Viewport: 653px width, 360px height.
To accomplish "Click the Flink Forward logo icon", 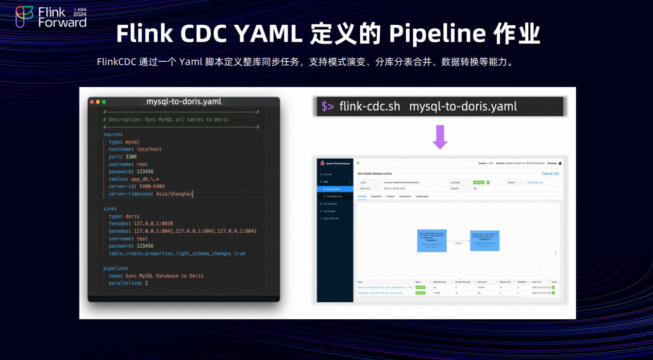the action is click(x=24, y=16).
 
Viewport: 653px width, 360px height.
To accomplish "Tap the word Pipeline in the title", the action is click(x=438, y=34).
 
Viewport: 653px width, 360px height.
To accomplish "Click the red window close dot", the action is click(x=92, y=102).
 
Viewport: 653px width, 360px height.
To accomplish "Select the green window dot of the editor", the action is click(x=104, y=102).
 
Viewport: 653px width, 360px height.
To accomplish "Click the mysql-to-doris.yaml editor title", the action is click(x=183, y=101).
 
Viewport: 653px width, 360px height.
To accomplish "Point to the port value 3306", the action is click(x=131, y=157).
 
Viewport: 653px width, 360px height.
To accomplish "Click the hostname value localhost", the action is click(x=149, y=149).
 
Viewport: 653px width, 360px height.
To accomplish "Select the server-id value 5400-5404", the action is click(x=152, y=186).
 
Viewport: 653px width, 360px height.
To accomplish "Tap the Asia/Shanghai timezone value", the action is click(x=174, y=194).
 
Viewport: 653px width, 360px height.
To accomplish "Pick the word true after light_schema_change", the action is click(x=240, y=253).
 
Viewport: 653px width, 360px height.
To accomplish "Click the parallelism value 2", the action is click(x=146, y=283).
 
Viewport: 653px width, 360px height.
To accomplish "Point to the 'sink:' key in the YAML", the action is click(x=110, y=209).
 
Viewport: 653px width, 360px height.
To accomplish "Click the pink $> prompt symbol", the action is click(x=328, y=107).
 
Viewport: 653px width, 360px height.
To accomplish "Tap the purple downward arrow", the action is click(x=440, y=136).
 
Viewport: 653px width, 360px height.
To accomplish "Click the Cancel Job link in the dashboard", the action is click(x=550, y=174).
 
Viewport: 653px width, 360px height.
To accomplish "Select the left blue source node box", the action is click(x=431, y=241).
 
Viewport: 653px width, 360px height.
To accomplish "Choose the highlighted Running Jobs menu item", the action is click(x=335, y=189).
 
